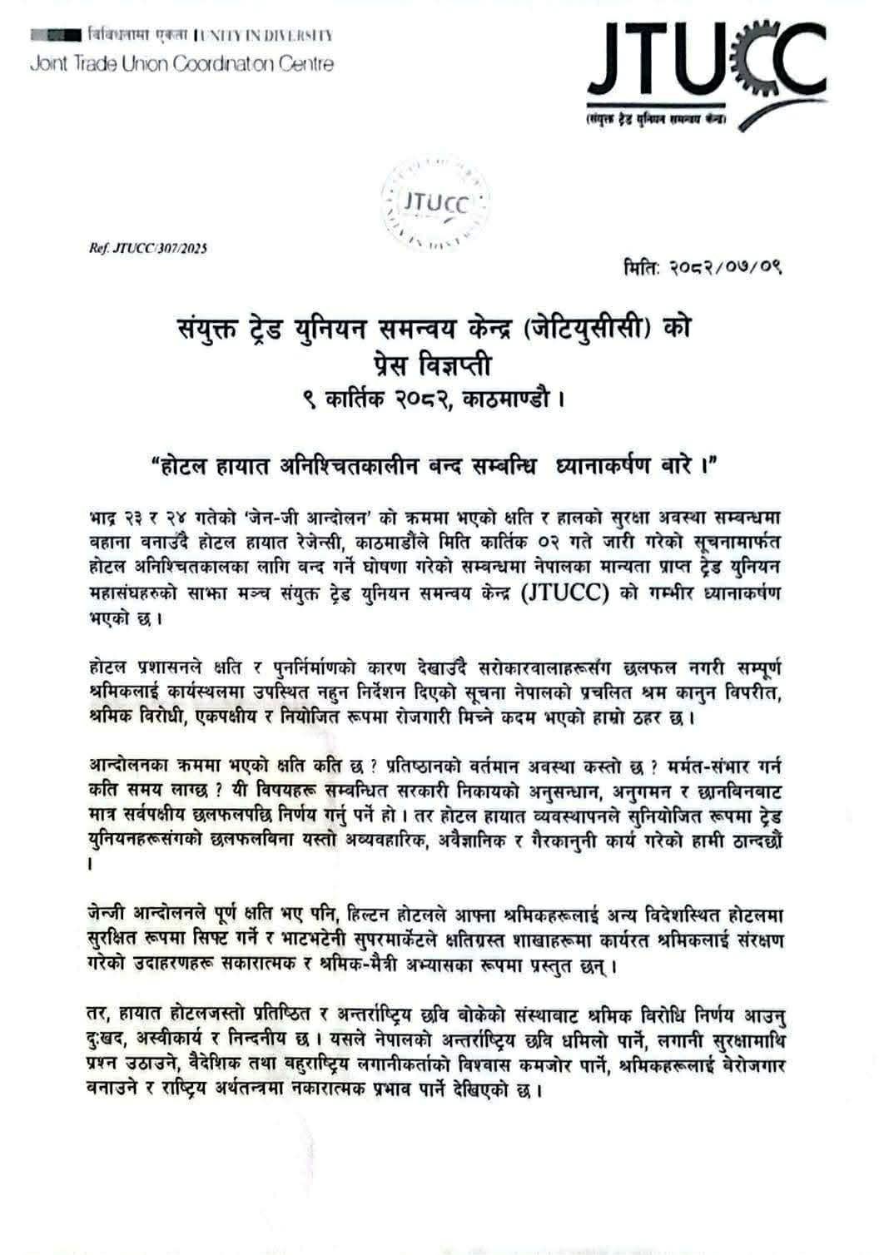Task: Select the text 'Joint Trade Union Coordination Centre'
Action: (181, 64)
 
